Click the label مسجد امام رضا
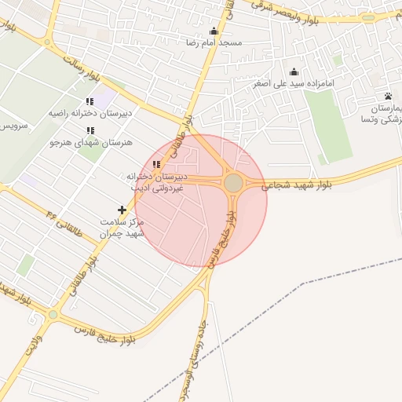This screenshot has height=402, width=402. click(x=214, y=42)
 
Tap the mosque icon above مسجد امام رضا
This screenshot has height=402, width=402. click(x=214, y=31)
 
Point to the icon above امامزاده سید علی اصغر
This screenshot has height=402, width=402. click(x=294, y=71)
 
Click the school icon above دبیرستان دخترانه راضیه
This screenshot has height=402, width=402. click(x=90, y=101)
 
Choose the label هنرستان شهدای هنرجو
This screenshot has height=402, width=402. click(x=90, y=143)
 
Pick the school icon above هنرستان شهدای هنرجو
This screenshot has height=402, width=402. click(x=90, y=130)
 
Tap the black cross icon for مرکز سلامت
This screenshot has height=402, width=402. click(x=122, y=210)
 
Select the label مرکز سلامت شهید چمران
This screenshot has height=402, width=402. click(x=122, y=228)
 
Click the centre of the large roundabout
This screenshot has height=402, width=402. click(x=233, y=183)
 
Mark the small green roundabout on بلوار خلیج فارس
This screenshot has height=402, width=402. click(x=53, y=314)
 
